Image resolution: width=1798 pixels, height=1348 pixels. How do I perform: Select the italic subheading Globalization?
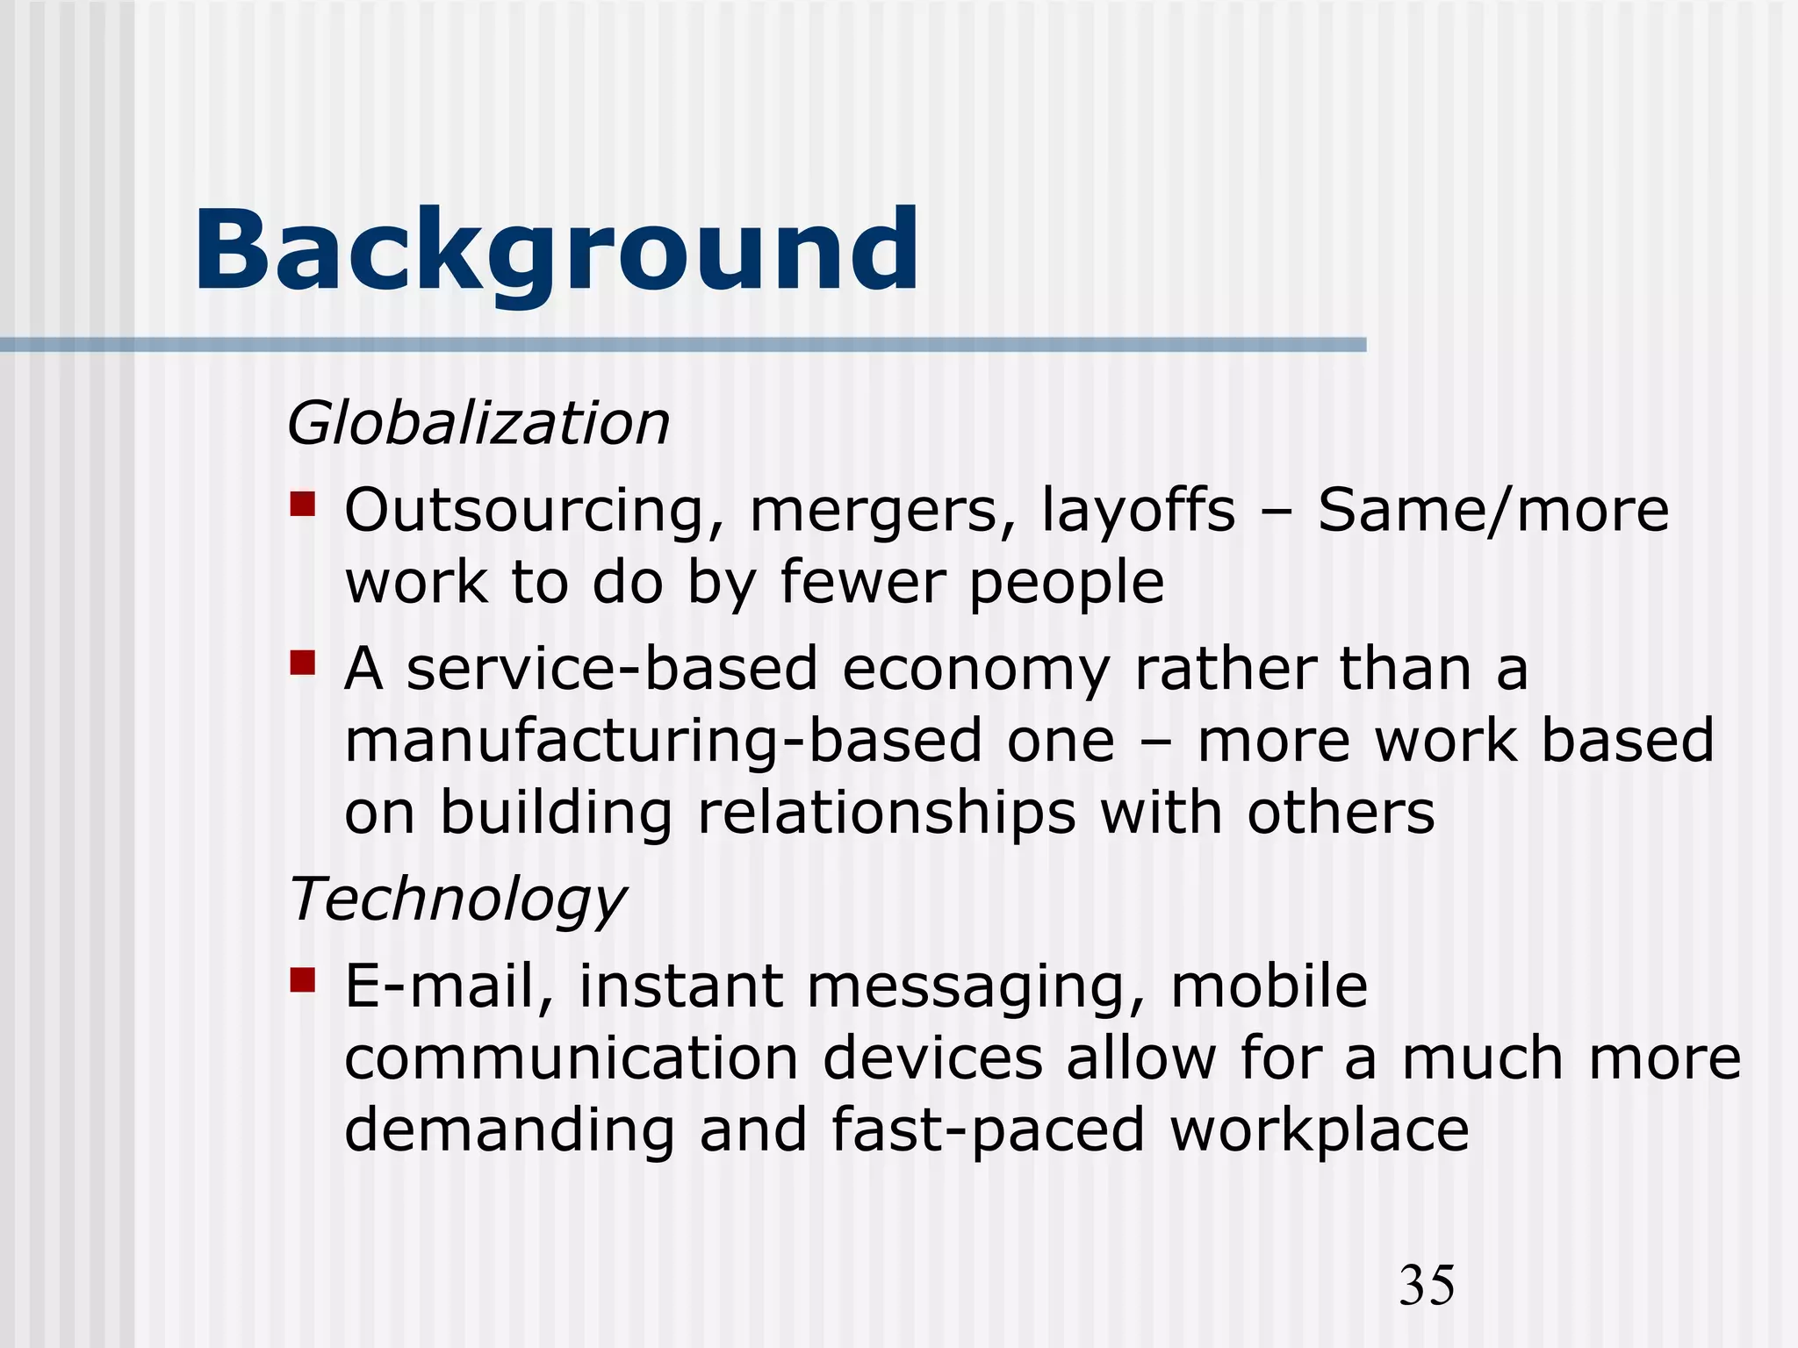click(478, 424)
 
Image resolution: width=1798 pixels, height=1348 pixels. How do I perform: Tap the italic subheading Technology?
click(457, 900)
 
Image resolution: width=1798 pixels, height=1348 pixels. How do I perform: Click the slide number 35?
click(1427, 1286)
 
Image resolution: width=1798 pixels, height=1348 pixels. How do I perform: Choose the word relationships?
click(887, 814)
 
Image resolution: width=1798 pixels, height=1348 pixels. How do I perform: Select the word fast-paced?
click(988, 1130)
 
